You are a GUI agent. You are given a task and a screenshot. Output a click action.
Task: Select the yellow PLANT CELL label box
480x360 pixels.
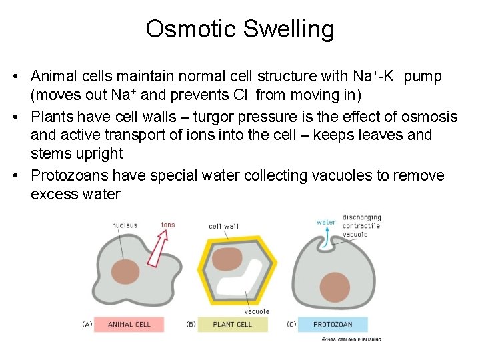click(x=233, y=324)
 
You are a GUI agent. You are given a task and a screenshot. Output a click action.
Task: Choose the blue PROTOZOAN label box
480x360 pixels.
click(x=333, y=324)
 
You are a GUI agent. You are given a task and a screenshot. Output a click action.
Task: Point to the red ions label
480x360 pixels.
click(x=168, y=225)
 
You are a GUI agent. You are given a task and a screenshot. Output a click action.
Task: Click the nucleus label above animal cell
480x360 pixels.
click(x=125, y=225)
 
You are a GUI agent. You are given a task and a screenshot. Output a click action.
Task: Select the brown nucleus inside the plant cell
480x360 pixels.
click(x=227, y=259)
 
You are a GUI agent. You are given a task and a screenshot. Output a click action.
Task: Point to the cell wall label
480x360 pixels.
click(x=223, y=226)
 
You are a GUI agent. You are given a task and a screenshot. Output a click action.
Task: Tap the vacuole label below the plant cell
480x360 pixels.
click(x=257, y=311)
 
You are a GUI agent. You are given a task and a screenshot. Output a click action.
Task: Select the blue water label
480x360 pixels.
click(x=326, y=222)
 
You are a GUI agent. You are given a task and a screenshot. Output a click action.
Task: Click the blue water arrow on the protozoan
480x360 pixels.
click(x=327, y=237)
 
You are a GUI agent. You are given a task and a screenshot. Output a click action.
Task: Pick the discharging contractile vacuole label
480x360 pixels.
click(x=361, y=225)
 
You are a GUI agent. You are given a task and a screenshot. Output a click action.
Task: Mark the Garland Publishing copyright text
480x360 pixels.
click(x=351, y=339)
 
